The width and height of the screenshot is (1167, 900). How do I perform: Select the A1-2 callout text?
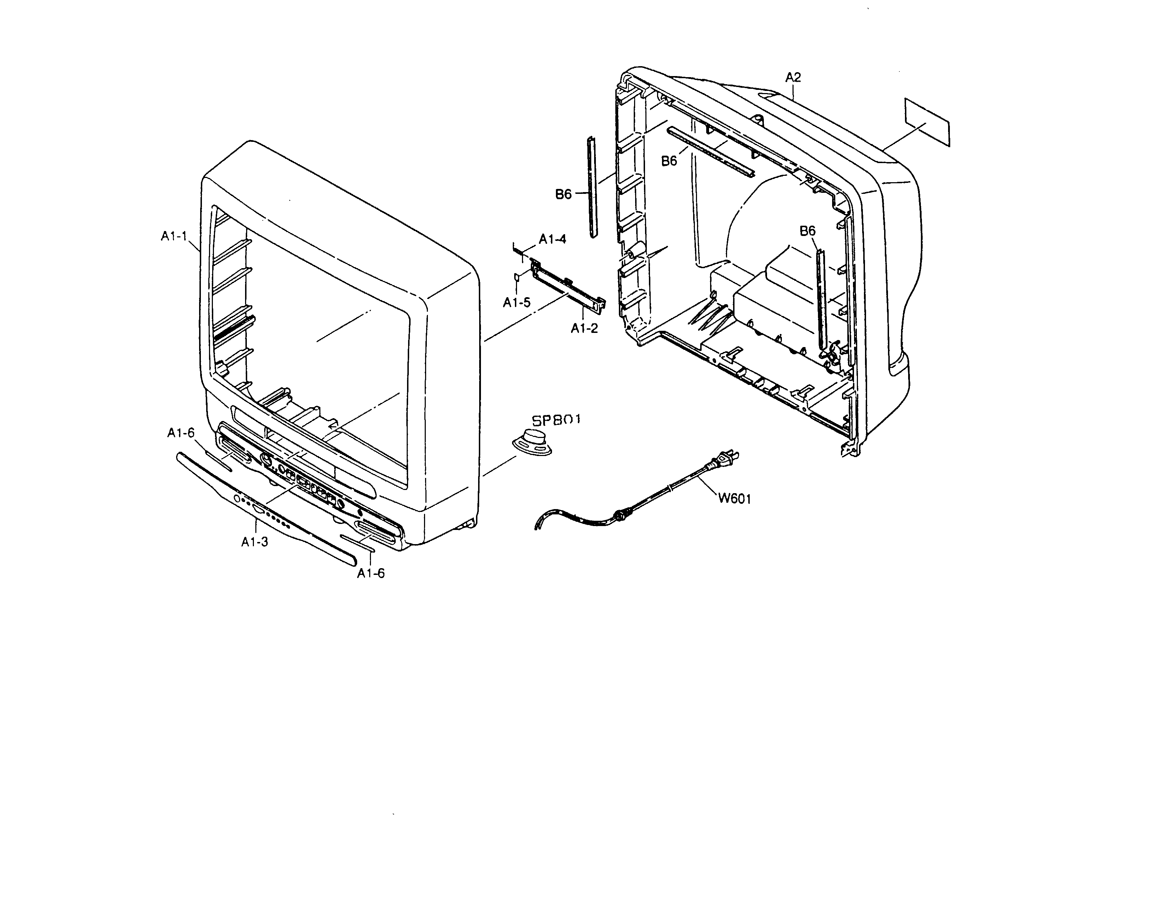pos(584,329)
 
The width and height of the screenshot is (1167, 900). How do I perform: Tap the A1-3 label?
pos(254,542)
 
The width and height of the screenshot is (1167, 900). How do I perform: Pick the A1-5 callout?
pos(516,302)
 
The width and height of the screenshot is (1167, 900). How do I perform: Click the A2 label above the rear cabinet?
pos(793,77)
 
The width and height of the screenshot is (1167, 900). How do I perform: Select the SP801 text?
pos(556,420)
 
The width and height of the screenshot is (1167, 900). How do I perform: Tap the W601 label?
pos(734,498)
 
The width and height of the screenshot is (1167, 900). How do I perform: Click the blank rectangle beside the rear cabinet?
pos(928,122)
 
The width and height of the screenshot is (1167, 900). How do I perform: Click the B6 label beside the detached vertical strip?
pos(563,195)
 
